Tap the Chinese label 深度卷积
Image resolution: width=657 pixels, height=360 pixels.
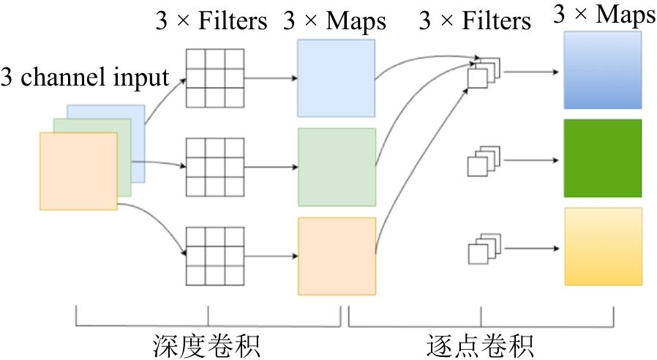(206, 345)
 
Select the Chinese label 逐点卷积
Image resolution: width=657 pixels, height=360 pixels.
(479, 345)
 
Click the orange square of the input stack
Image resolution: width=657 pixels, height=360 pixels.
(78, 171)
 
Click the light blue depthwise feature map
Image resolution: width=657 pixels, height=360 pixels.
(336, 78)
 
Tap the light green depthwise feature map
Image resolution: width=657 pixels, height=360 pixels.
(337, 167)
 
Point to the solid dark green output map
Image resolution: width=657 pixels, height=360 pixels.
(602, 158)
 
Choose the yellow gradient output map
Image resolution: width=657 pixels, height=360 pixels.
(603, 247)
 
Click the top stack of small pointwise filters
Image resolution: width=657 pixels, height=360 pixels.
(484, 72)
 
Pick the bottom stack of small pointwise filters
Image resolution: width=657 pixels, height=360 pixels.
(482, 250)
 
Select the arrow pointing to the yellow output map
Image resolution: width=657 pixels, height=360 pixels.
(533, 248)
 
